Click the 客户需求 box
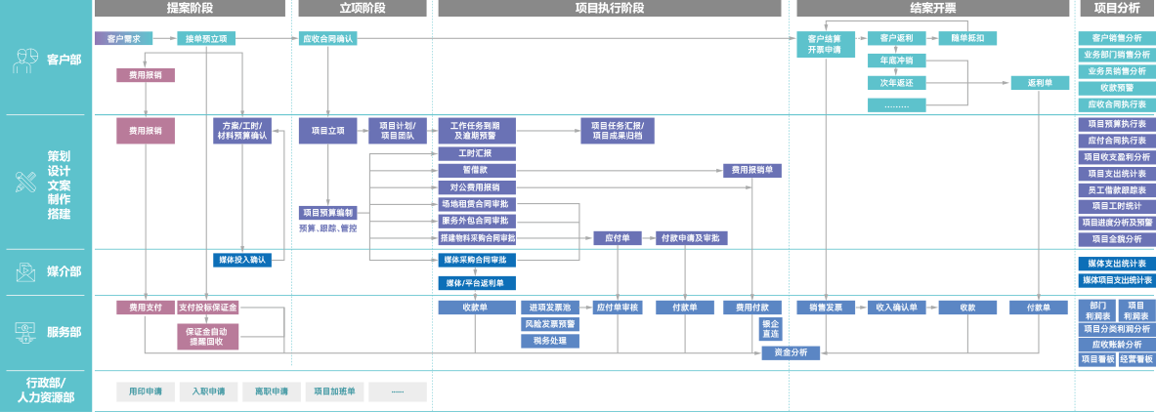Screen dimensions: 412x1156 pos(124,39)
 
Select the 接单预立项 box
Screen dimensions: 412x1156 pos(206,39)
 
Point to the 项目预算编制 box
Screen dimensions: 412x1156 pos(328,213)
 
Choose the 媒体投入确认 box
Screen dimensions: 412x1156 pos(239,260)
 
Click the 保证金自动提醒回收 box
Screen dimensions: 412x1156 pos(206,337)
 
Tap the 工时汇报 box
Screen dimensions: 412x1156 pos(476,154)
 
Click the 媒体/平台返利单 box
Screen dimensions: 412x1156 pos(476,283)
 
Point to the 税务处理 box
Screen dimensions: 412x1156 pos(550,341)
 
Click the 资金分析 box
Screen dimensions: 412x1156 pos(791,352)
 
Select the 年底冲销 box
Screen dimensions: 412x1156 pos(896,61)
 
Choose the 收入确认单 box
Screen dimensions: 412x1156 pos(897,308)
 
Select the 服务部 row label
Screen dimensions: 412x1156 pos(64,333)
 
